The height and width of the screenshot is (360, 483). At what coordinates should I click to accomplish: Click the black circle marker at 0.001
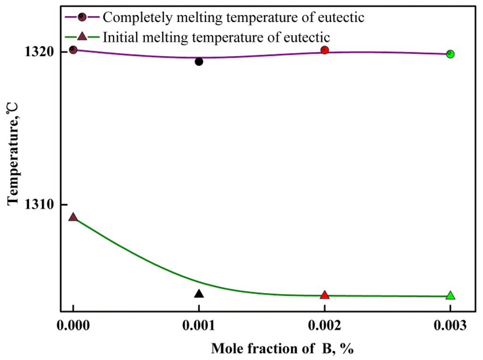point(199,61)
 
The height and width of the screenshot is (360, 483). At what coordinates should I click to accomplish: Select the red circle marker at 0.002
point(325,50)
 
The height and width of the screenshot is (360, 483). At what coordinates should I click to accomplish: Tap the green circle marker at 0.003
point(450,54)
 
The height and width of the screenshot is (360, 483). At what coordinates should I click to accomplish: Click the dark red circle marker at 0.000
point(73,49)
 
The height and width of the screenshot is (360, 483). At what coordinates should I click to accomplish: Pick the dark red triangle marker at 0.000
point(73,217)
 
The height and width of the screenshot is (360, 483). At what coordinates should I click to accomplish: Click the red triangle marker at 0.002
point(325,295)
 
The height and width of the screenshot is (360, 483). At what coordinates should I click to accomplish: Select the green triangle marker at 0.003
point(450,295)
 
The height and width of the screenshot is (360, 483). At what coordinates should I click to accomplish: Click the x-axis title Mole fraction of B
point(282,349)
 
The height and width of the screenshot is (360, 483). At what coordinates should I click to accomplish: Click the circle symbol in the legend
point(82,17)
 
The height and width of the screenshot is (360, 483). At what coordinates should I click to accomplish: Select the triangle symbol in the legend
point(82,36)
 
